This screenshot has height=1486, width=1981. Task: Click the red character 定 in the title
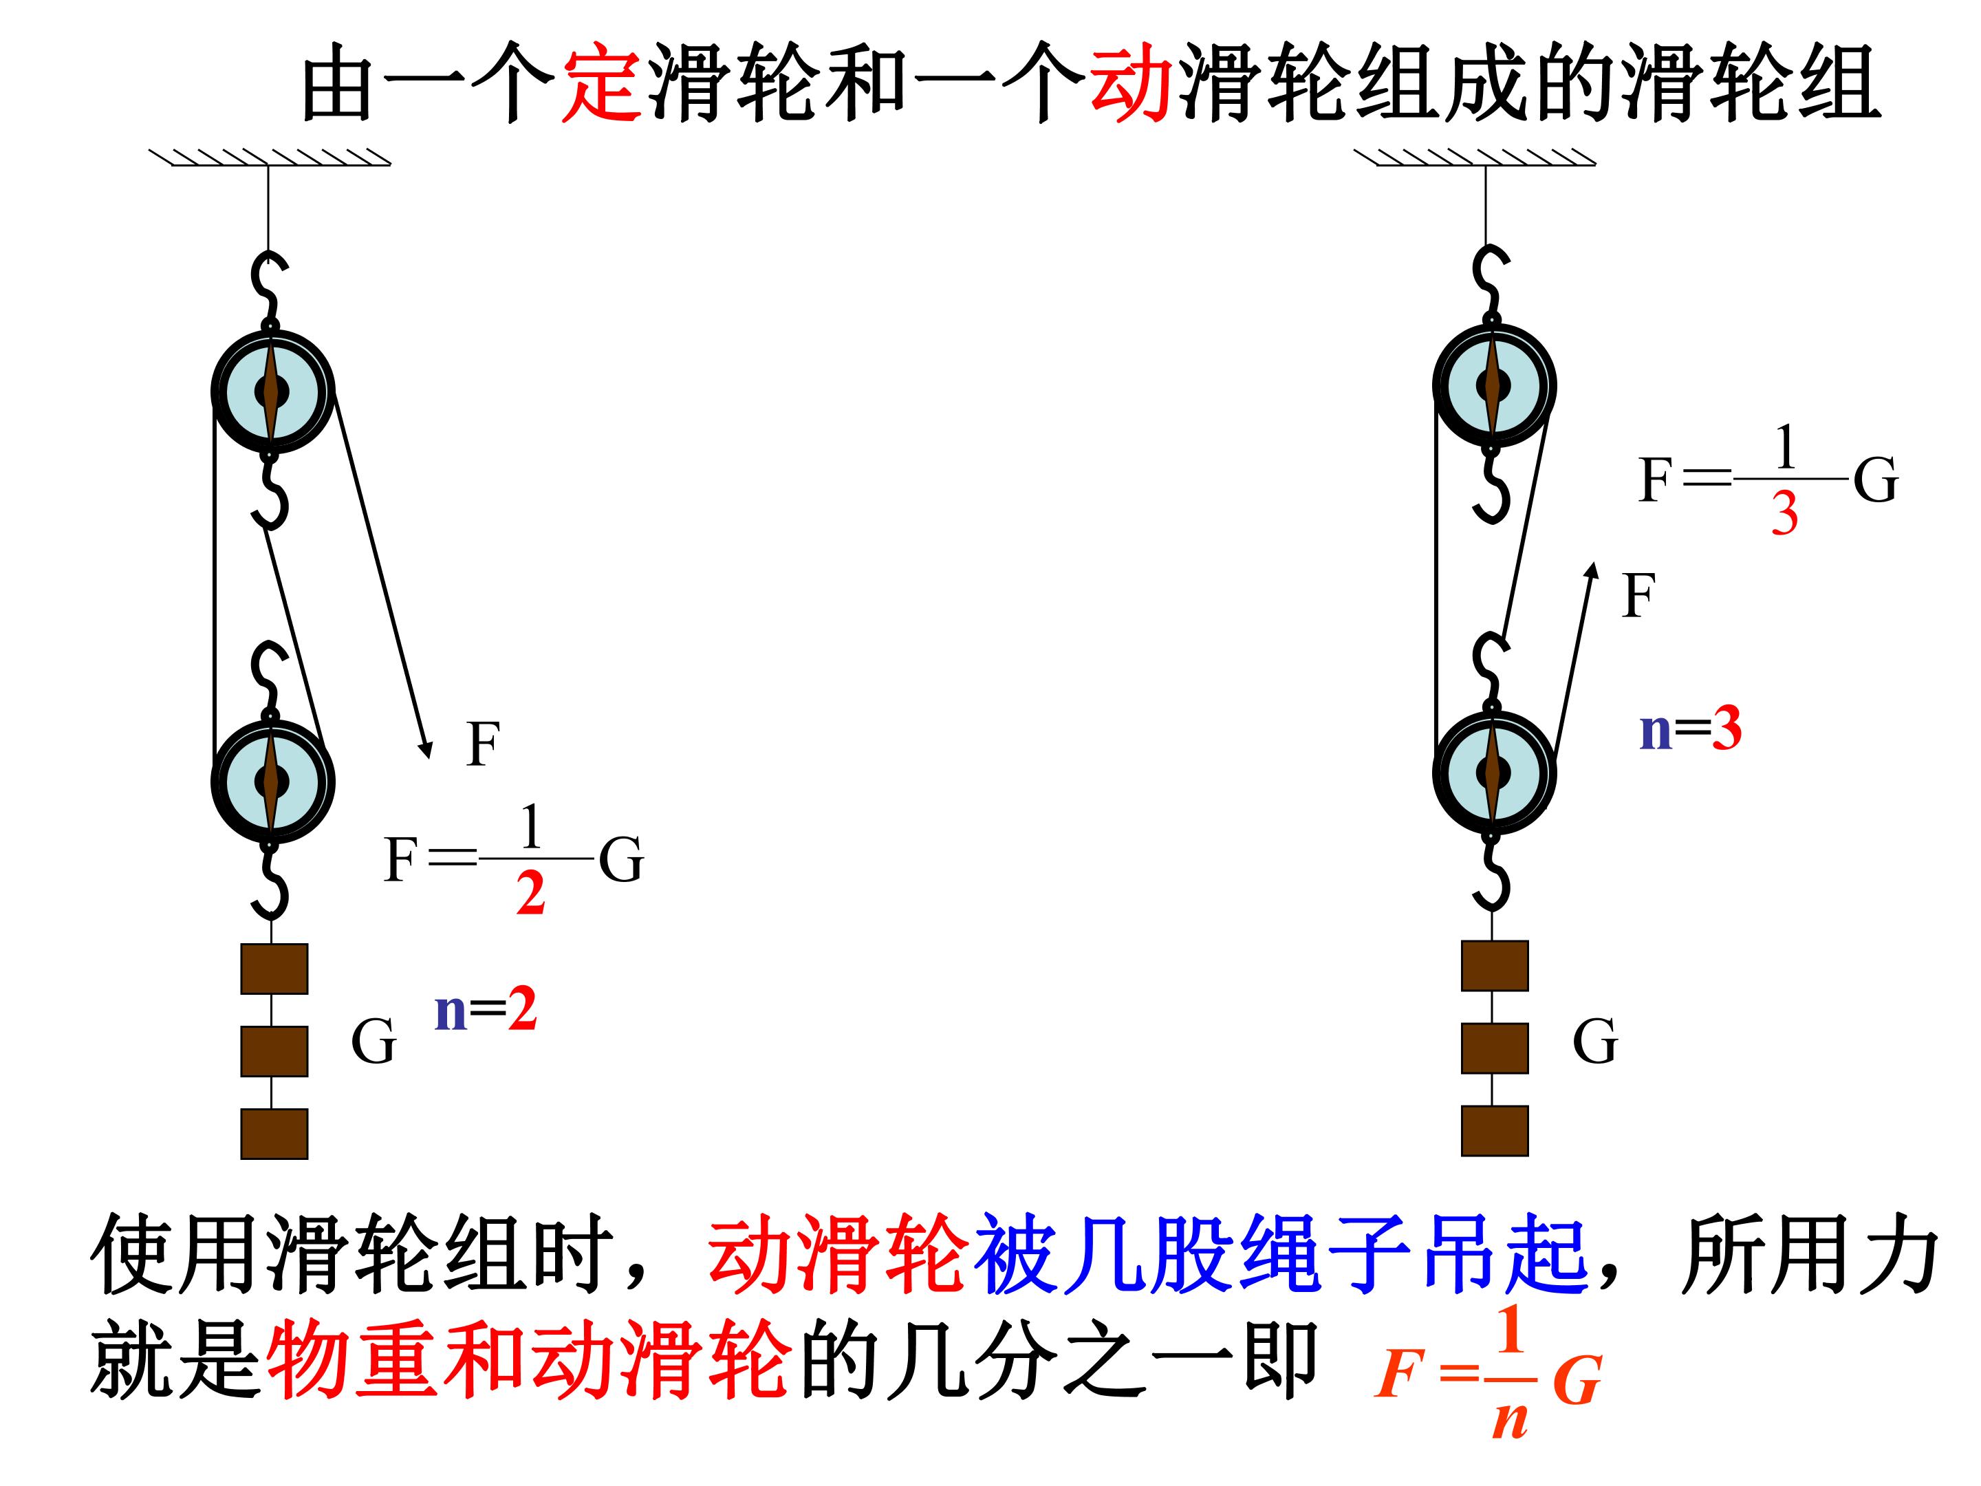602,83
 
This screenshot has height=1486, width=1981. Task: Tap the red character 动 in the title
1131,83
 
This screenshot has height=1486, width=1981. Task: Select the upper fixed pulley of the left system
272,391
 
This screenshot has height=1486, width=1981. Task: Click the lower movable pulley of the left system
272,780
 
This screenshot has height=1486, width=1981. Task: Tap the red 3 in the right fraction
1784,513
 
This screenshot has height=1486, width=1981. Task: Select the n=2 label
486,1009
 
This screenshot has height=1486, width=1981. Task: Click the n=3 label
1690,729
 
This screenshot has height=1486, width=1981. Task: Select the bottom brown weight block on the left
274,1134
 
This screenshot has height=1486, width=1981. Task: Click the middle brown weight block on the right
1495,1048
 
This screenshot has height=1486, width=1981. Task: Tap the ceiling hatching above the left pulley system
270,158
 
